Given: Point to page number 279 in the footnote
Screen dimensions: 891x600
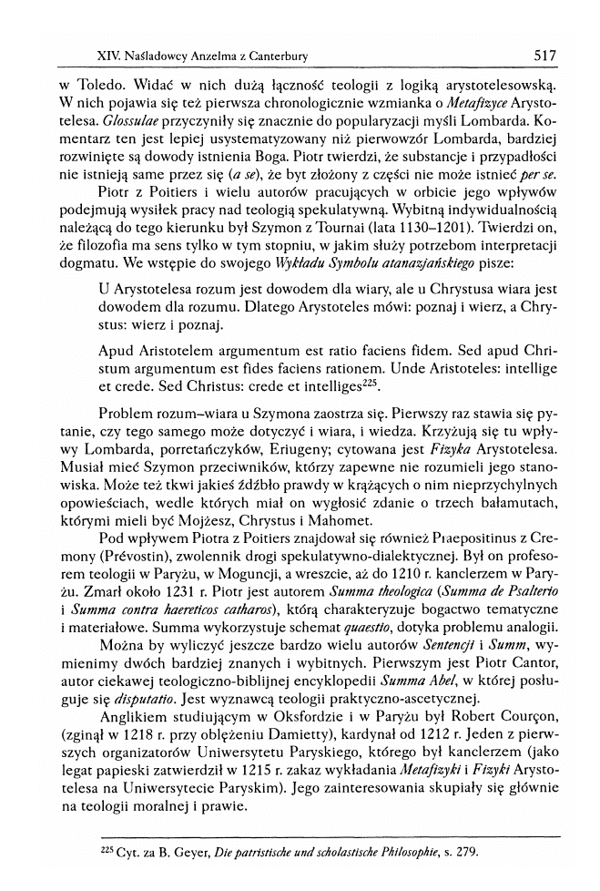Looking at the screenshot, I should point(464,852).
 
